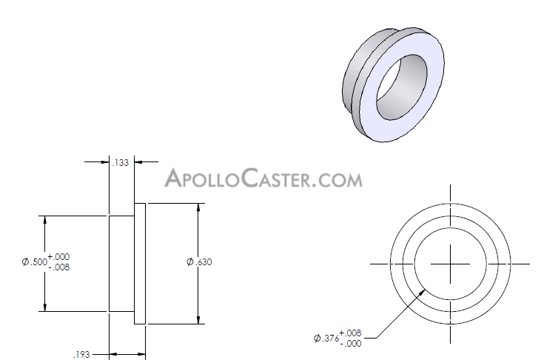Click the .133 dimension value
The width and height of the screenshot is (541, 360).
click(120, 163)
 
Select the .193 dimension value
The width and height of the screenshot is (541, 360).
click(81, 355)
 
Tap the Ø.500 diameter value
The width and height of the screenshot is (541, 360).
click(33, 262)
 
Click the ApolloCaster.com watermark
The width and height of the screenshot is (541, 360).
click(263, 179)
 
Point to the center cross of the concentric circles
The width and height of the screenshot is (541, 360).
click(450, 264)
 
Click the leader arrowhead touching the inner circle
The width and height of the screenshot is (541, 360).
click(423, 291)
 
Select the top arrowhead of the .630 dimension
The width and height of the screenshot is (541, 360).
click(198, 207)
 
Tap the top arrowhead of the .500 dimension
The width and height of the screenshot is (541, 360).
click(45, 220)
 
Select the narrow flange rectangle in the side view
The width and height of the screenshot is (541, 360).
click(140, 264)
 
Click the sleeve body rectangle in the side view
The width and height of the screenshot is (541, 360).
click(121, 264)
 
